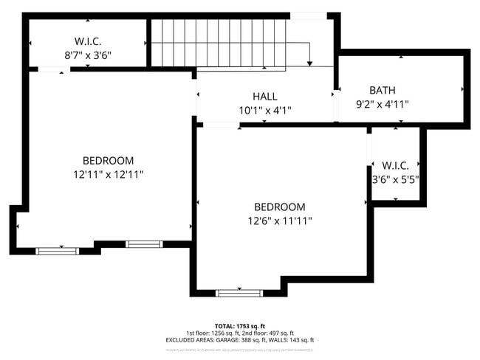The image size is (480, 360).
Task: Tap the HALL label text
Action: (264, 97)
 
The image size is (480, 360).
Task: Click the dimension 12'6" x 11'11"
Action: (280, 221)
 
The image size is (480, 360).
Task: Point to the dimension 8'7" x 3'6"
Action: (87, 55)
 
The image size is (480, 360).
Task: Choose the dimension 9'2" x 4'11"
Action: (382, 104)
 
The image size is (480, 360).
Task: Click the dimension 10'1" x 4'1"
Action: (264, 111)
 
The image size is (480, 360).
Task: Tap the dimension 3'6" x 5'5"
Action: (395, 179)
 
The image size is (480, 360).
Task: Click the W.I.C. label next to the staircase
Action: (87, 41)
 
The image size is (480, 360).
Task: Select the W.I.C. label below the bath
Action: (395, 165)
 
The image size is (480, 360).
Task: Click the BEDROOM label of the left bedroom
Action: (108, 161)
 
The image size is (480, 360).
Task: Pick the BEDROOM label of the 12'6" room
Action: (280, 207)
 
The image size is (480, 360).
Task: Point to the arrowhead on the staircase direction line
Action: (310, 63)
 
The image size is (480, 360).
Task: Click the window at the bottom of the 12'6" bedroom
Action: (239, 293)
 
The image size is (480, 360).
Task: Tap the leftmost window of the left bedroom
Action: (57, 251)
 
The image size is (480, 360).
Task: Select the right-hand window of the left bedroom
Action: (143, 243)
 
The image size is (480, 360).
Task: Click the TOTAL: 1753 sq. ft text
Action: (241, 325)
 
